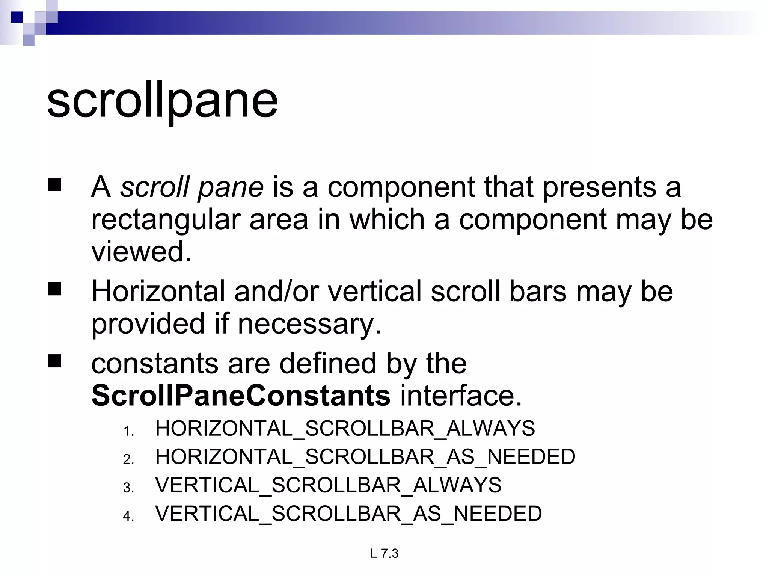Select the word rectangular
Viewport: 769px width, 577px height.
pyautogui.click(x=165, y=220)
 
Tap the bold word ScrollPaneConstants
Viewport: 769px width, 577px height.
pyautogui.click(x=241, y=396)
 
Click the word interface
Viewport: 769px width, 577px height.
pyautogui.click(x=461, y=396)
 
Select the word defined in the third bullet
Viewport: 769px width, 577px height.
pyautogui.click(x=328, y=363)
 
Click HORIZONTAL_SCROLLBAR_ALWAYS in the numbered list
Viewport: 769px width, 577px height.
pyautogui.click(x=345, y=428)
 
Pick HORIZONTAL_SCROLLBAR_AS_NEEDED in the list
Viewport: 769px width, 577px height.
pyautogui.click(x=365, y=457)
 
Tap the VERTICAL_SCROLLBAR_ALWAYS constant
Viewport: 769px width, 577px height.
pyautogui.click(x=328, y=485)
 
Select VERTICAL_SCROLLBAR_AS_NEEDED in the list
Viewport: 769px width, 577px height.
pyautogui.click(x=348, y=514)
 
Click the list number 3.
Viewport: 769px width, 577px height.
pyautogui.click(x=128, y=488)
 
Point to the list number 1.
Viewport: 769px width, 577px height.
pyautogui.click(x=128, y=431)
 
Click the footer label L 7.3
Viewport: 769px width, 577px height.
pyautogui.click(x=384, y=554)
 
